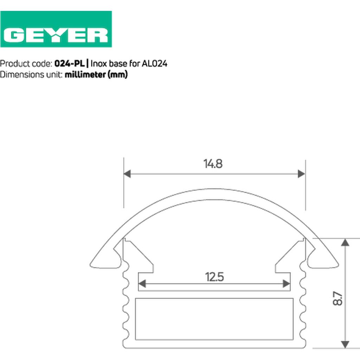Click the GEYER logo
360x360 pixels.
point(56,29)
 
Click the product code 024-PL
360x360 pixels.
point(70,64)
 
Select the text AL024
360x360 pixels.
point(154,64)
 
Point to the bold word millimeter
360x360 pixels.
point(85,75)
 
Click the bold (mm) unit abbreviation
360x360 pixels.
point(117,75)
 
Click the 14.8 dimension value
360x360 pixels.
point(213,164)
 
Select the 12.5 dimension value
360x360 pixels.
point(214,277)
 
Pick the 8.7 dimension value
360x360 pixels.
point(337,298)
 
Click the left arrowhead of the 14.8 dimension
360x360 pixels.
point(127,174)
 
